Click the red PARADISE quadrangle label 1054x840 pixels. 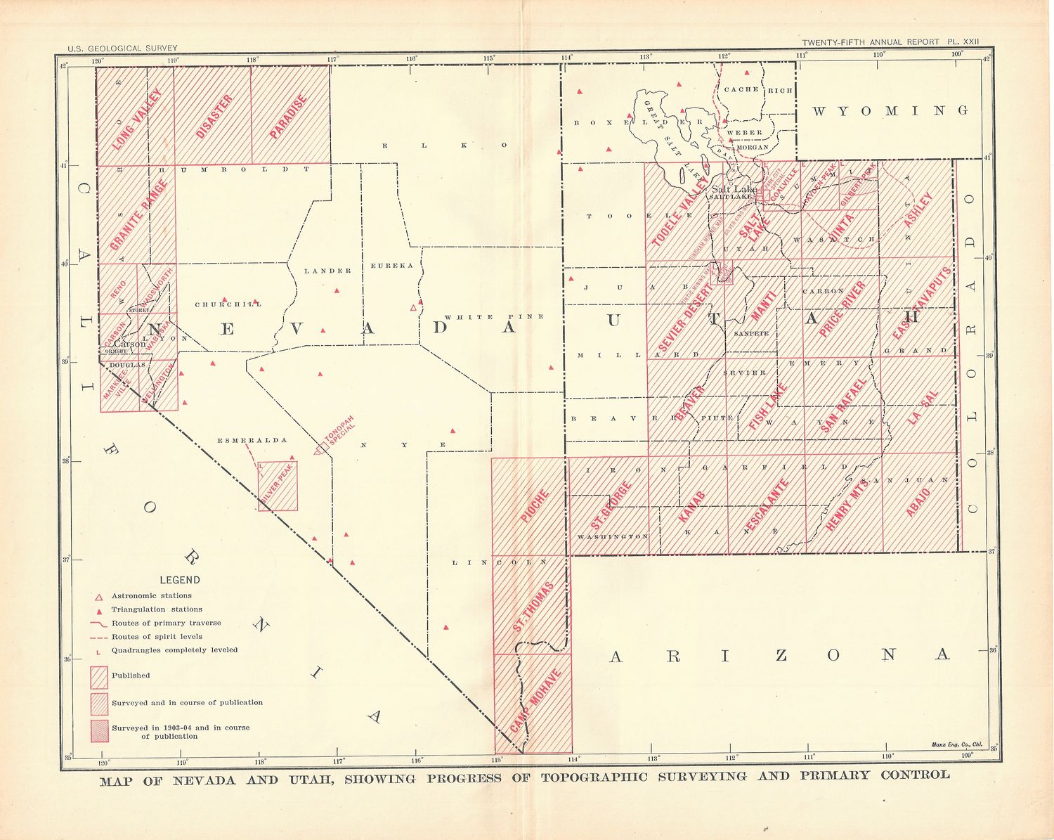289,116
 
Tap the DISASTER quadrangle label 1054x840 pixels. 214,116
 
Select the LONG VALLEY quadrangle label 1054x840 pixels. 138,118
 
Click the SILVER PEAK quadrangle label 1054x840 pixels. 277,485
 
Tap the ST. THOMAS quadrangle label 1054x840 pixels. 533,606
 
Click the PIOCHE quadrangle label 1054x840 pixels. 535,506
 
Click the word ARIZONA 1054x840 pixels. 779,656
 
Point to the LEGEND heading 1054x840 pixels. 180,580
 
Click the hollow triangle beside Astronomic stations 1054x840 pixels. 99,596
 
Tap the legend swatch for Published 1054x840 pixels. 99,676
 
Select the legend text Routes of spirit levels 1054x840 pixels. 160,637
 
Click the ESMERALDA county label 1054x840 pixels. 252,441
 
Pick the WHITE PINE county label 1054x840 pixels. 505,317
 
